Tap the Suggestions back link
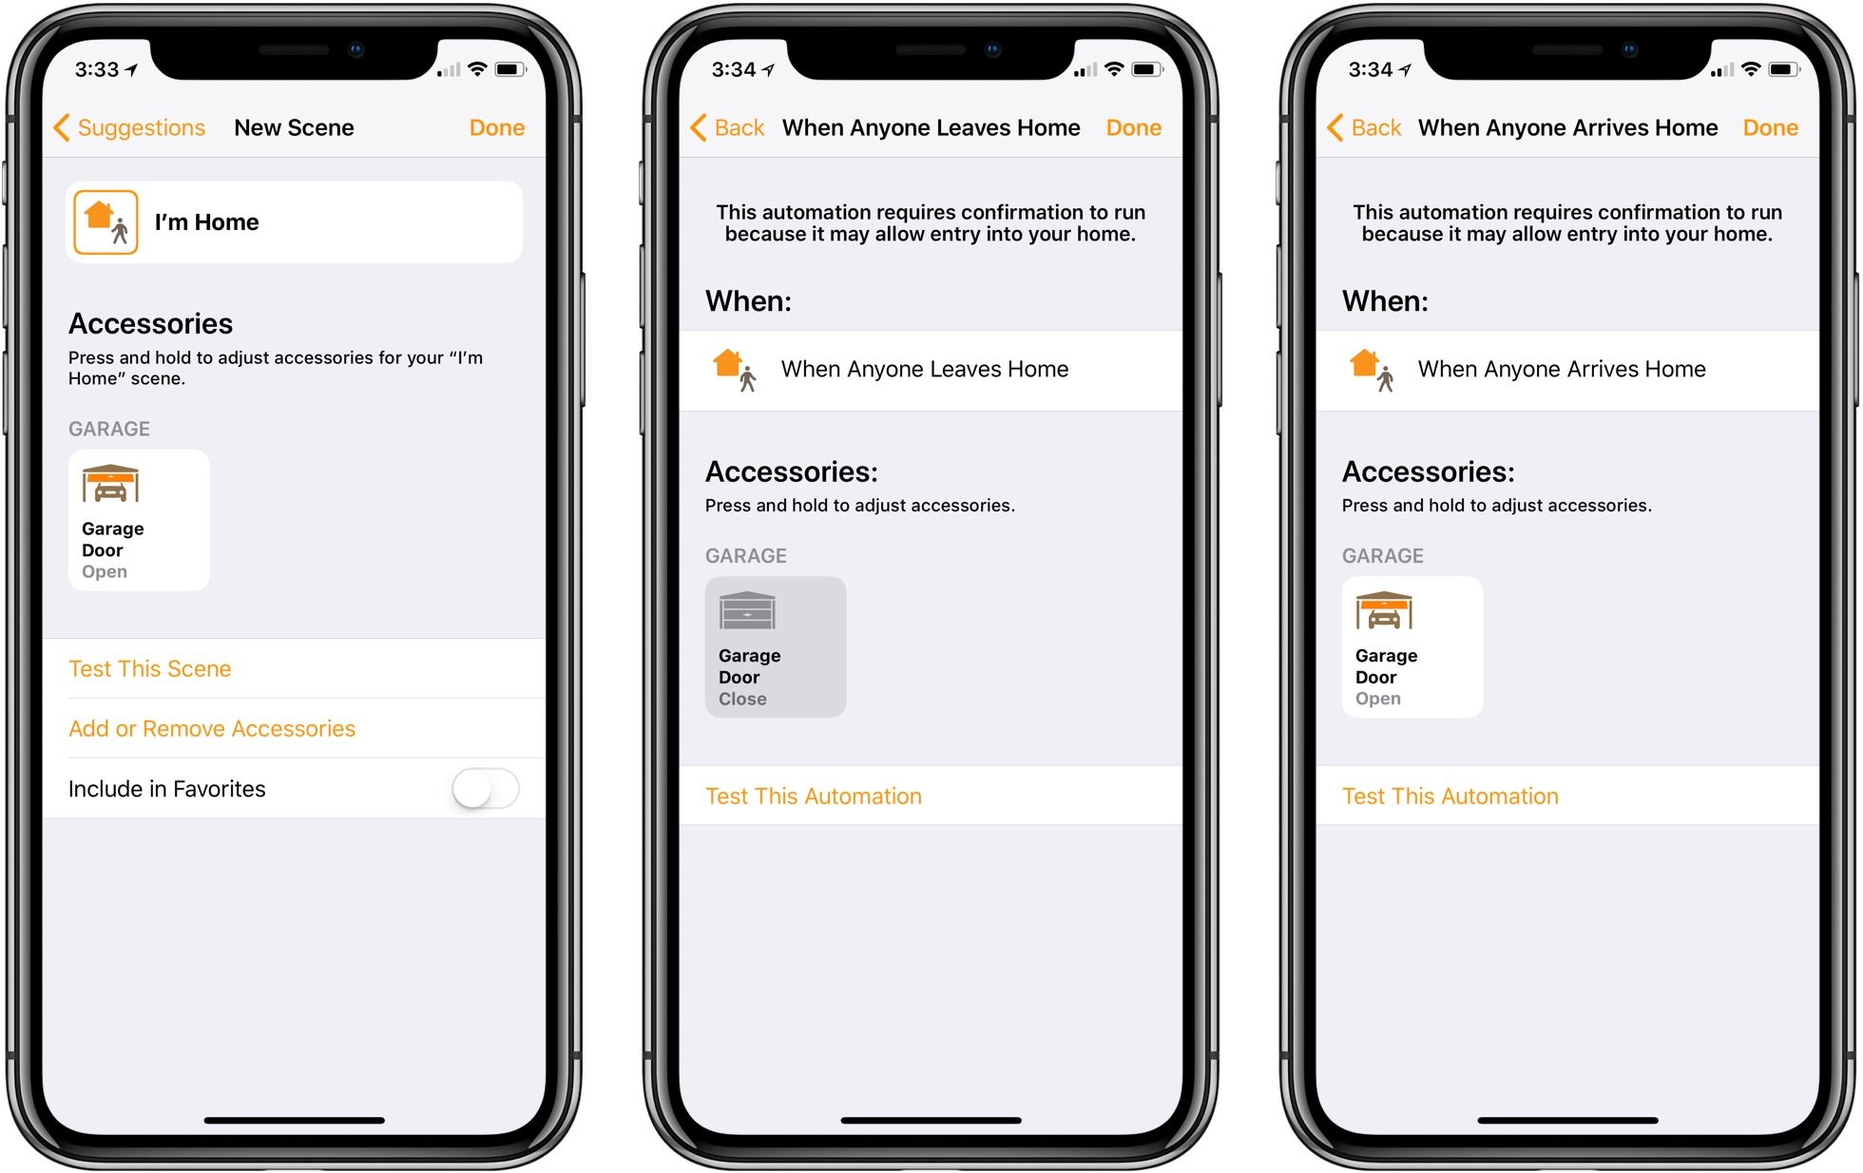[130, 127]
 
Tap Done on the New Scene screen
[496, 127]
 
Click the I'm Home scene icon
[106, 222]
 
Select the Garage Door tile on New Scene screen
[139, 520]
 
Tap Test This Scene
[150, 669]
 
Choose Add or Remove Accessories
[212, 729]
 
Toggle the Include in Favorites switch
[486, 789]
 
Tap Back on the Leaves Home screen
[728, 127]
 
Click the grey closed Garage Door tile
[776, 647]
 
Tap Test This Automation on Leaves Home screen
[814, 797]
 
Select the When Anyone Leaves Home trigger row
[931, 370]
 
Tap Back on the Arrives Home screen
[1365, 127]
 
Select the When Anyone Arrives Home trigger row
[1567, 370]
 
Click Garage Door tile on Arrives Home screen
[1412, 647]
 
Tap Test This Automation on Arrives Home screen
[1450, 797]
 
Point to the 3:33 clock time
[97, 69]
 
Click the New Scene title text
[295, 127]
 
